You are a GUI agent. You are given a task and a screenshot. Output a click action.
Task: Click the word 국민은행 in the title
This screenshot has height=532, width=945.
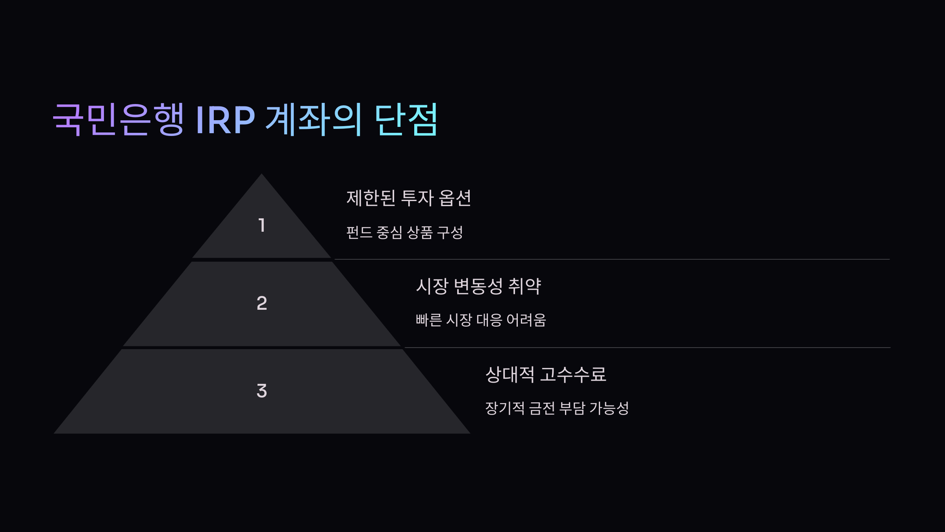[x=118, y=119]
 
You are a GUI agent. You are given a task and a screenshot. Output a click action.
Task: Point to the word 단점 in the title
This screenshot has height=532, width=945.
[x=406, y=119]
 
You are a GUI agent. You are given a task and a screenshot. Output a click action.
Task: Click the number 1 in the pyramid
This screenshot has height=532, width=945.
[x=262, y=225]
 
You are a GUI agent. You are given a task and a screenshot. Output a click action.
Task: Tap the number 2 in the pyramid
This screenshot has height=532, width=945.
[x=262, y=303]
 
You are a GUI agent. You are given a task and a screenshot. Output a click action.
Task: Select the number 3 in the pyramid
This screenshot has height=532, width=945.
[x=262, y=391]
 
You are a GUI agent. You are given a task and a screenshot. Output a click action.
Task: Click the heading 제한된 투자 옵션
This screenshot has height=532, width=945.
[x=408, y=198]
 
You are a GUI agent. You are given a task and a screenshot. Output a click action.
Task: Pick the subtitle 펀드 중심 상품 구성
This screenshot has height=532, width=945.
[x=404, y=233]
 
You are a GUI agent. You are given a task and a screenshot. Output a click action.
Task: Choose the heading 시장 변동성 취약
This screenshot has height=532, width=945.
[x=478, y=286]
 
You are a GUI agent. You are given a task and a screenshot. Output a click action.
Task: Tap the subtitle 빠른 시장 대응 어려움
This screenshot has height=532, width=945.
[x=481, y=320]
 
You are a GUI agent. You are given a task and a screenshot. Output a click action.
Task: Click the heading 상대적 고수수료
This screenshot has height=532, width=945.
[x=546, y=374]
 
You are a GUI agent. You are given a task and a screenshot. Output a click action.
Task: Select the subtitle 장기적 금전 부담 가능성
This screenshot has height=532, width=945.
[x=557, y=408]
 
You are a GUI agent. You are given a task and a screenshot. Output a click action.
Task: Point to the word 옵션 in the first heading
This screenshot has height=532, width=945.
[x=455, y=198]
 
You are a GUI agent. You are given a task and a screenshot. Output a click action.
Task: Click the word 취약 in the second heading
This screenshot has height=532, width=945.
[x=525, y=286]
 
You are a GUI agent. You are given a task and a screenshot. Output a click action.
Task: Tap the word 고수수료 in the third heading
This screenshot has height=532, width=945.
[x=573, y=374]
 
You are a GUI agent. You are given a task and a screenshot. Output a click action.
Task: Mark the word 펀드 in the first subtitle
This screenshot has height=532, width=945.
[x=359, y=233]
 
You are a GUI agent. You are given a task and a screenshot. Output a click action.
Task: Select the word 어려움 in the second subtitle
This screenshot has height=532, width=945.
[x=526, y=320]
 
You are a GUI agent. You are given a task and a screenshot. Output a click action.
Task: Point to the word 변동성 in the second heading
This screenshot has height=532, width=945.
[x=478, y=286]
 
